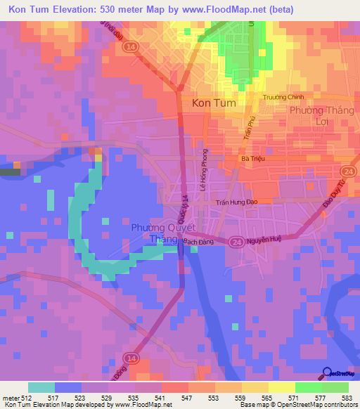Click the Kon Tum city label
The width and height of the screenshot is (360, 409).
pyautogui.click(x=214, y=103)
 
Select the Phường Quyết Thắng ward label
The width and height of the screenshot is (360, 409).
pyautogui.click(x=160, y=233)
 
